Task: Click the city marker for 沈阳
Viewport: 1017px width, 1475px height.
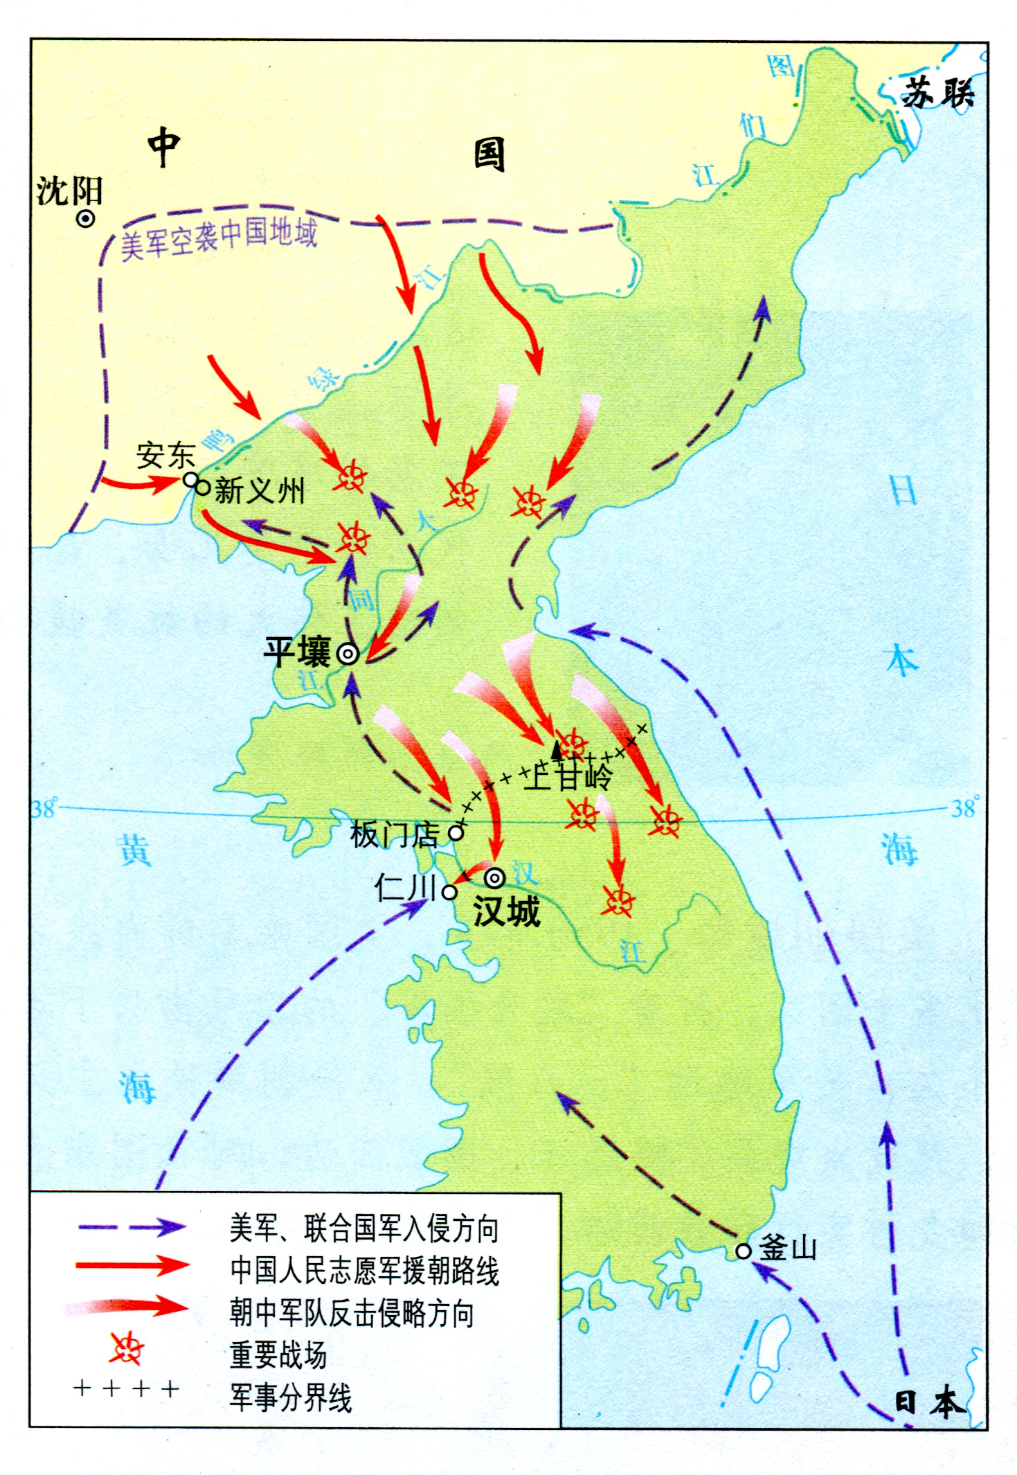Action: click(x=85, y=219)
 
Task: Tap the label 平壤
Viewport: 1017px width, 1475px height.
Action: click(x=298, y=652)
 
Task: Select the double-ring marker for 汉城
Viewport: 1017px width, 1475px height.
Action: click(x=494, y=878)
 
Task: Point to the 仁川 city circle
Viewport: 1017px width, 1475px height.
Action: click(x=449, y=892)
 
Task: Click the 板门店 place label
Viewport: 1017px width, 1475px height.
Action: click(x=393, y=835)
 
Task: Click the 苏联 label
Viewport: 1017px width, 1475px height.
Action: click(x=938, y=92)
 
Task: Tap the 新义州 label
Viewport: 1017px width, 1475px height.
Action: click(x=260, y=491)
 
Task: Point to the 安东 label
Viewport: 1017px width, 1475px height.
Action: click(x=165, y=456)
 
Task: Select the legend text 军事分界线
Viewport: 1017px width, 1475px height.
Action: click(x=291, y=1397)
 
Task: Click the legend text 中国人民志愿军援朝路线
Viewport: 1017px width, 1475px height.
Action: click(x=364, y=1271)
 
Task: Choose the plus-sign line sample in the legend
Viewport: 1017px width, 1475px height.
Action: click(x=126, y=1388)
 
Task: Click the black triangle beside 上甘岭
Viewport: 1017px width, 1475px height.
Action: click(x=557, y=749)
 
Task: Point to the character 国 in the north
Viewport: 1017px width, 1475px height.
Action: click(x=489, y=154)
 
